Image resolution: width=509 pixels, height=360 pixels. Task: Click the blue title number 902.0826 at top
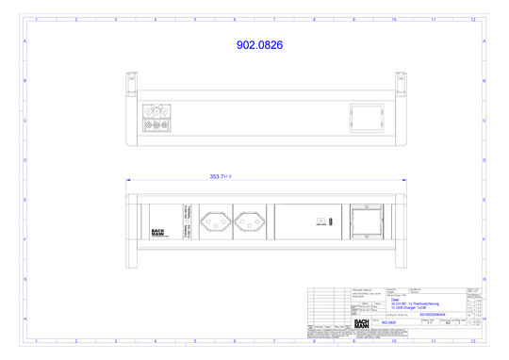[x=254, y=44]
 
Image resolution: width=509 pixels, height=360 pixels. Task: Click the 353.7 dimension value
[x=219, y=176]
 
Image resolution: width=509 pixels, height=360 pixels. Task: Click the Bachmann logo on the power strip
[x=157, y=232]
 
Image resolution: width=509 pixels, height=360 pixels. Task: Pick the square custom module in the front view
[x=365, y=223]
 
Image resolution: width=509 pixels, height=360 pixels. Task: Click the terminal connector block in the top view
[x=156, y=119]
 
